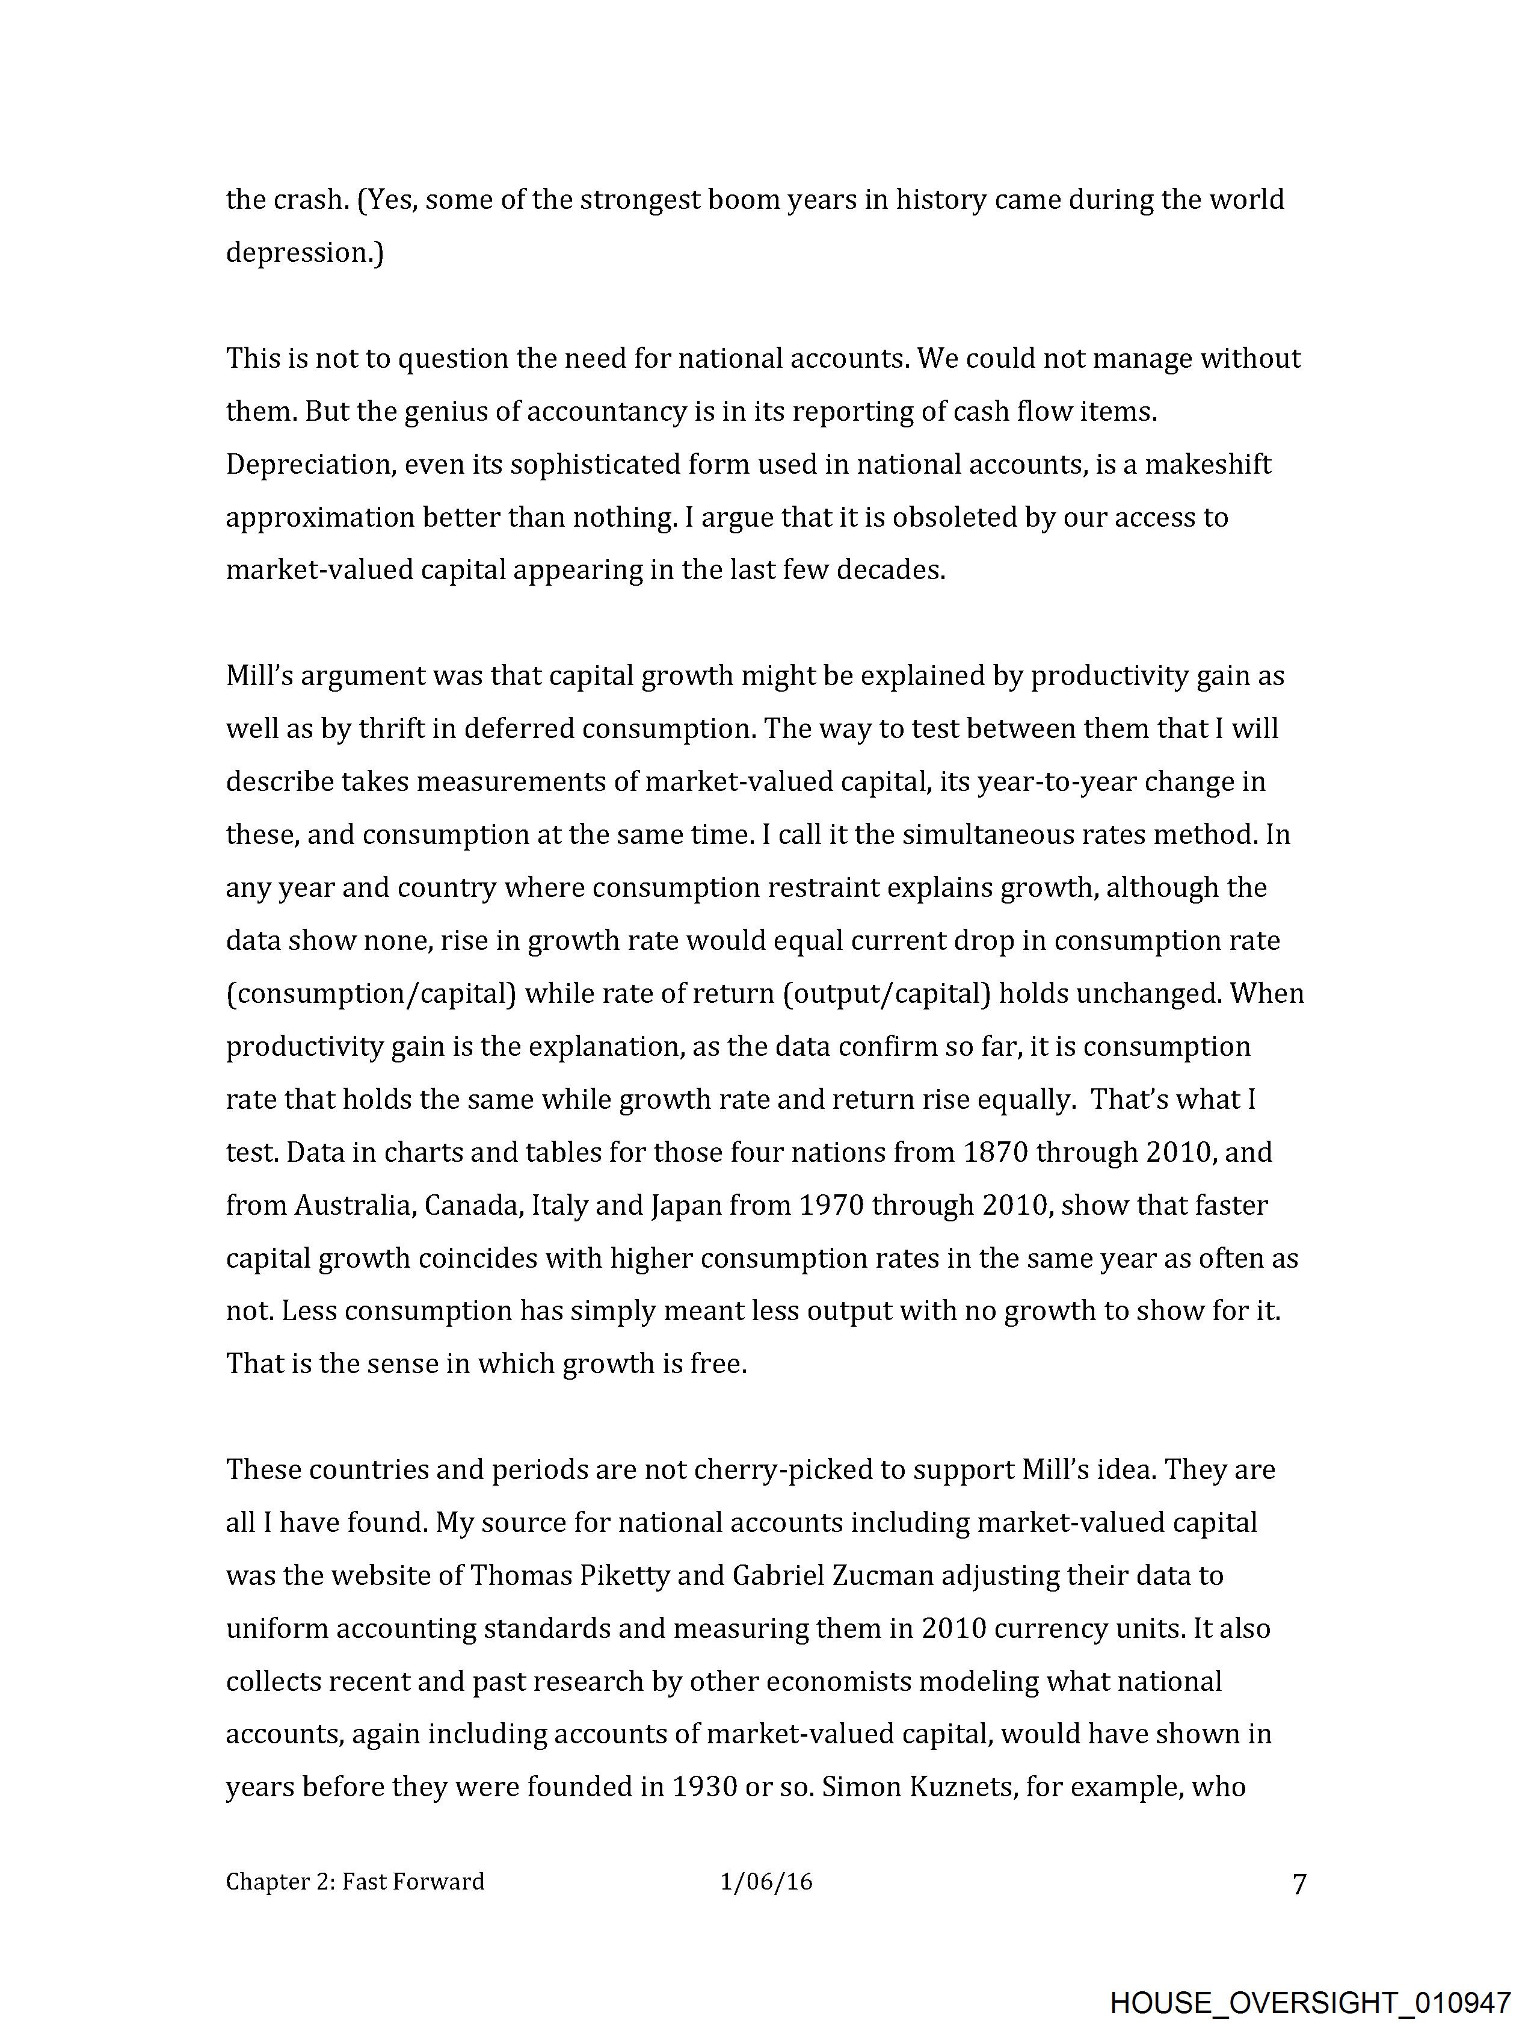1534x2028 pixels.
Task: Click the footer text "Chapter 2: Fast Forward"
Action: click(x=355, y=1882)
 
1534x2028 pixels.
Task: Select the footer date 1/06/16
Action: click(x=766, y=1882)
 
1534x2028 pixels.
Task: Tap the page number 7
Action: click(x=1299, y=1885)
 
